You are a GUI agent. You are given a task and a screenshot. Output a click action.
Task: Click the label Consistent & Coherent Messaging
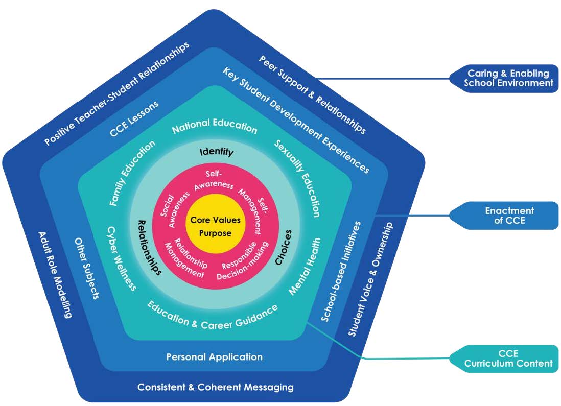(215, 387)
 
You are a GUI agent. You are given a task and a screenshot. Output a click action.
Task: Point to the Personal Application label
(214, 357)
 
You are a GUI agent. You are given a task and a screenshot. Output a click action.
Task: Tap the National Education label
(215, 128)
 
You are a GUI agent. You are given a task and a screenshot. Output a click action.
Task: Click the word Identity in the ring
(216, 152)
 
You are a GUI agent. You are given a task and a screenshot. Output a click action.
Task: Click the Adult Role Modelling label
(56, 274)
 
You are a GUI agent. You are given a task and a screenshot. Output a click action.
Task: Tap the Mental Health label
(305, 266)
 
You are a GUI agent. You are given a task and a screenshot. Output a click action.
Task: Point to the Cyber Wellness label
(122, 258)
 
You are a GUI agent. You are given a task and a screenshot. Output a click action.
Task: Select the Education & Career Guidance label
(213, 317)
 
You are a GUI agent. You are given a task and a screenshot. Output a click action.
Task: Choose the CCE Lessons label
(134, 119)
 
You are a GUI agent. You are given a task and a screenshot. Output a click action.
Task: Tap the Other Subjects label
(87, 268)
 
